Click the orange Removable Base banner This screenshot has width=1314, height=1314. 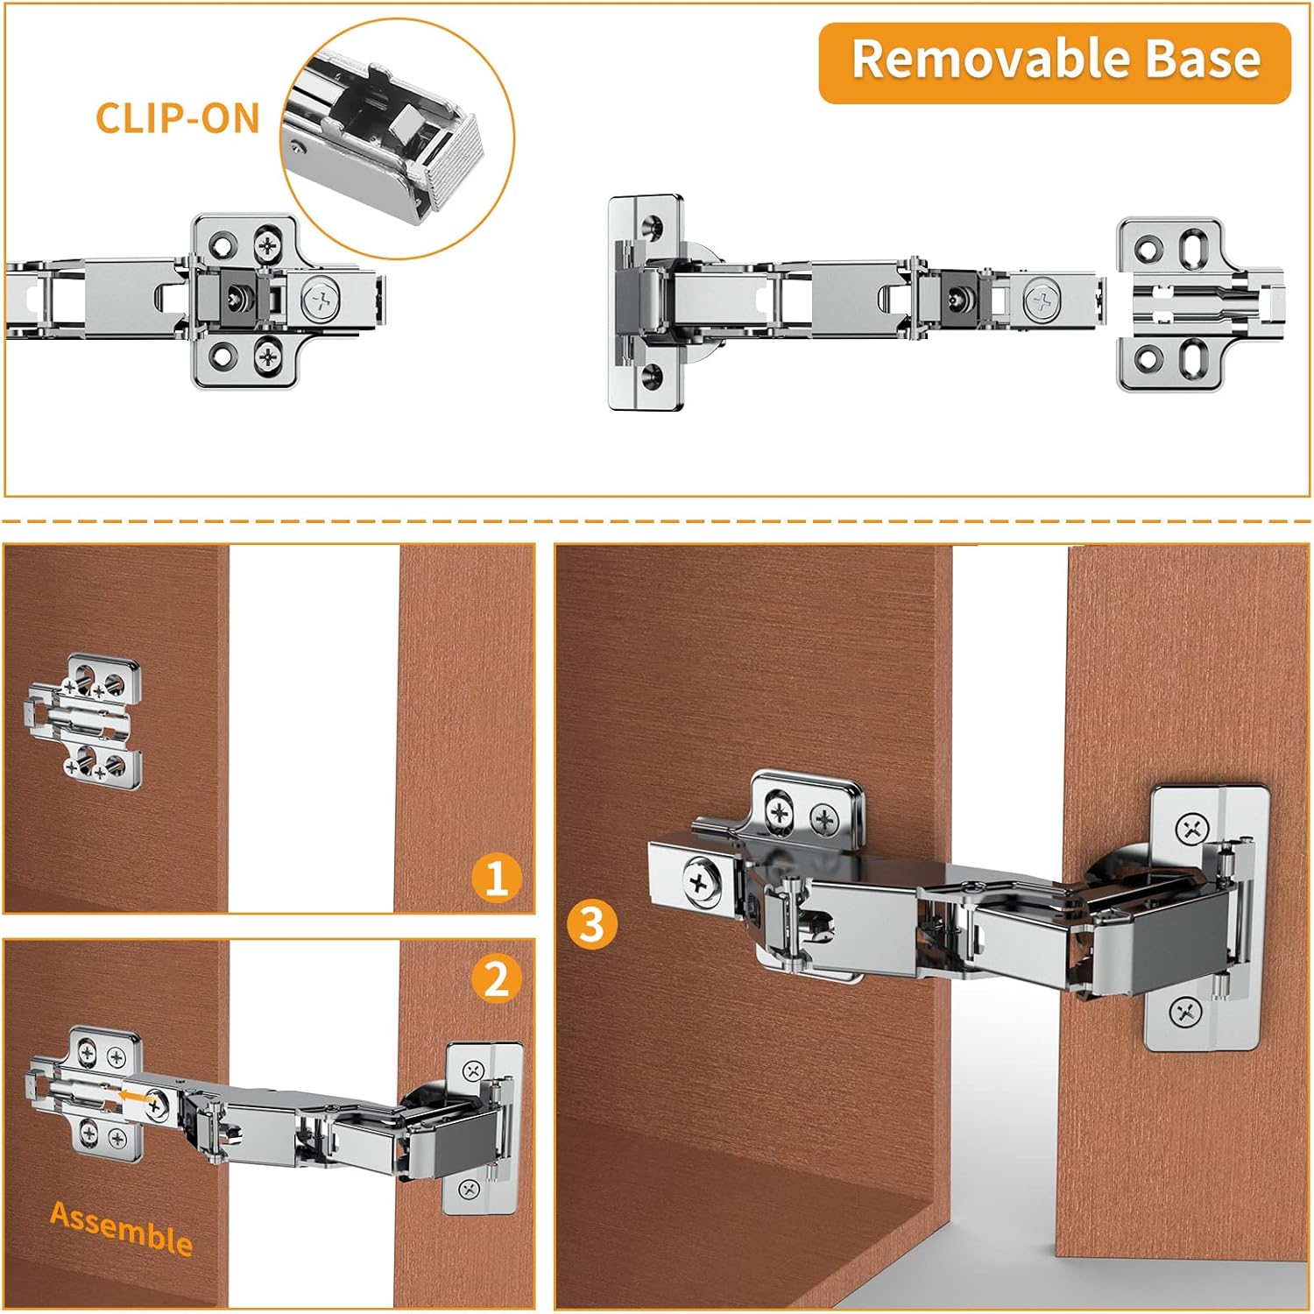(x=1055, y=63)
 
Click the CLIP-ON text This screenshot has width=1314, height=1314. (x=178, y=119)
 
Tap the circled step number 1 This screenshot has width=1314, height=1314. (x=496, y=878)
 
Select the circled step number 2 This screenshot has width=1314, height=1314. (x=496, y=978)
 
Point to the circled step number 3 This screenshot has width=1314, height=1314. (x=592, y=925)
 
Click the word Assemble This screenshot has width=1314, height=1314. (x=121, y=1228)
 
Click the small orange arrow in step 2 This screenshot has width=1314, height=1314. (x=133, y=1095)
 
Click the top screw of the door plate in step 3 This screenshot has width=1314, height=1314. (x=1192, y=828)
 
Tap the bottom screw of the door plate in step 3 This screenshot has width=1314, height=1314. (x=1186, y=1014)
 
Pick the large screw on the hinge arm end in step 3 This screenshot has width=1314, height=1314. (x=700, y=881)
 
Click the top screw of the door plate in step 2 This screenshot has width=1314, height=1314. (x=473, y=1070)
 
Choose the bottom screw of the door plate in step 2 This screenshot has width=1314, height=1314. (x=469, y=1189)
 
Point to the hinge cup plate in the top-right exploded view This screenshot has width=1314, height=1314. (x=646, y=302)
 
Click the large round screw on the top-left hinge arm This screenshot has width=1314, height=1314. (x=321, y=300)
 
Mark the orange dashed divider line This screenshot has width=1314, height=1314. (x=657, y=521)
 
